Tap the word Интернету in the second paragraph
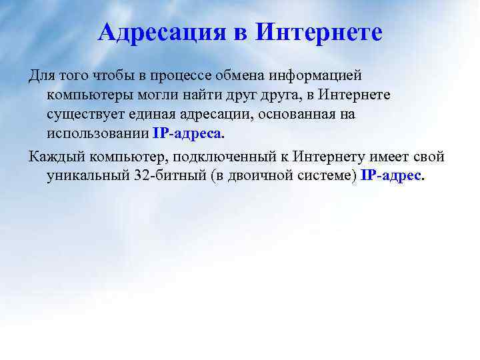pos(327,157)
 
